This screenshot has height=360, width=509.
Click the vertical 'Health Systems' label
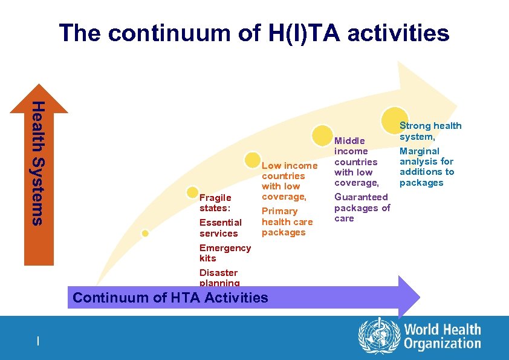coord(38,163)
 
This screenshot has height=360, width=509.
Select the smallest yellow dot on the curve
coord(145,234)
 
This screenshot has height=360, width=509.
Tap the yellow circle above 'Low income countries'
coord(253,160)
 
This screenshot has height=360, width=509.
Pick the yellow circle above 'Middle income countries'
coord(323,135)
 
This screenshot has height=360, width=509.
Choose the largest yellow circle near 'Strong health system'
coord(394,119)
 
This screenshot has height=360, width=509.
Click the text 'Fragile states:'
coord(215,203)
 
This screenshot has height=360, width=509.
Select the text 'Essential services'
coord(220,228)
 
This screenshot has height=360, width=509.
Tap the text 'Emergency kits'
coord(224,253)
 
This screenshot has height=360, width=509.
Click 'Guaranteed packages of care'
coord(362,208)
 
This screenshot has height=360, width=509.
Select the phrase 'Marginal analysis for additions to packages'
coord(426,166)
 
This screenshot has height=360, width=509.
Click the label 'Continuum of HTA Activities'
coord(170,297)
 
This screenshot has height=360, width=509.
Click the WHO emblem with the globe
coord(379,336)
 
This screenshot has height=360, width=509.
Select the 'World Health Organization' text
coord(442,336)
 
